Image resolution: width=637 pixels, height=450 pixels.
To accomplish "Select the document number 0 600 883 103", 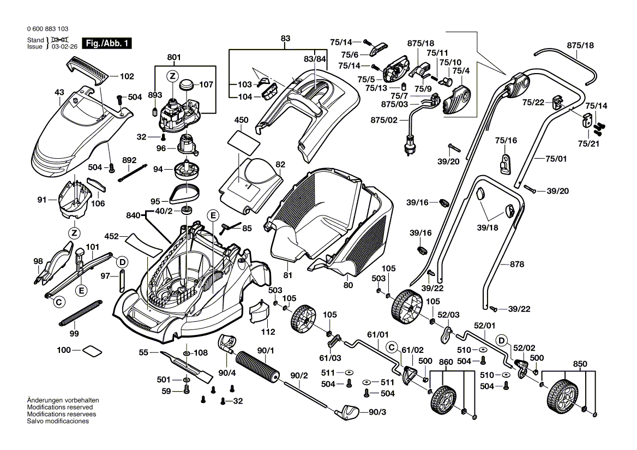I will click(47, 29).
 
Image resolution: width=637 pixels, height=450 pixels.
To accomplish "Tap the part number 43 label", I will click(59, 93).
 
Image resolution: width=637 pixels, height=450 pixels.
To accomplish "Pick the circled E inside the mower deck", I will click(213, 216).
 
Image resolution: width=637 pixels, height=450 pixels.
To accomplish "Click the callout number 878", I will click(517, 265).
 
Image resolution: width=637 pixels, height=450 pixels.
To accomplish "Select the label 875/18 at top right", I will click(580, 45).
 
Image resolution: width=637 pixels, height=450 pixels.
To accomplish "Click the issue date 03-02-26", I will click(64, 47).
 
